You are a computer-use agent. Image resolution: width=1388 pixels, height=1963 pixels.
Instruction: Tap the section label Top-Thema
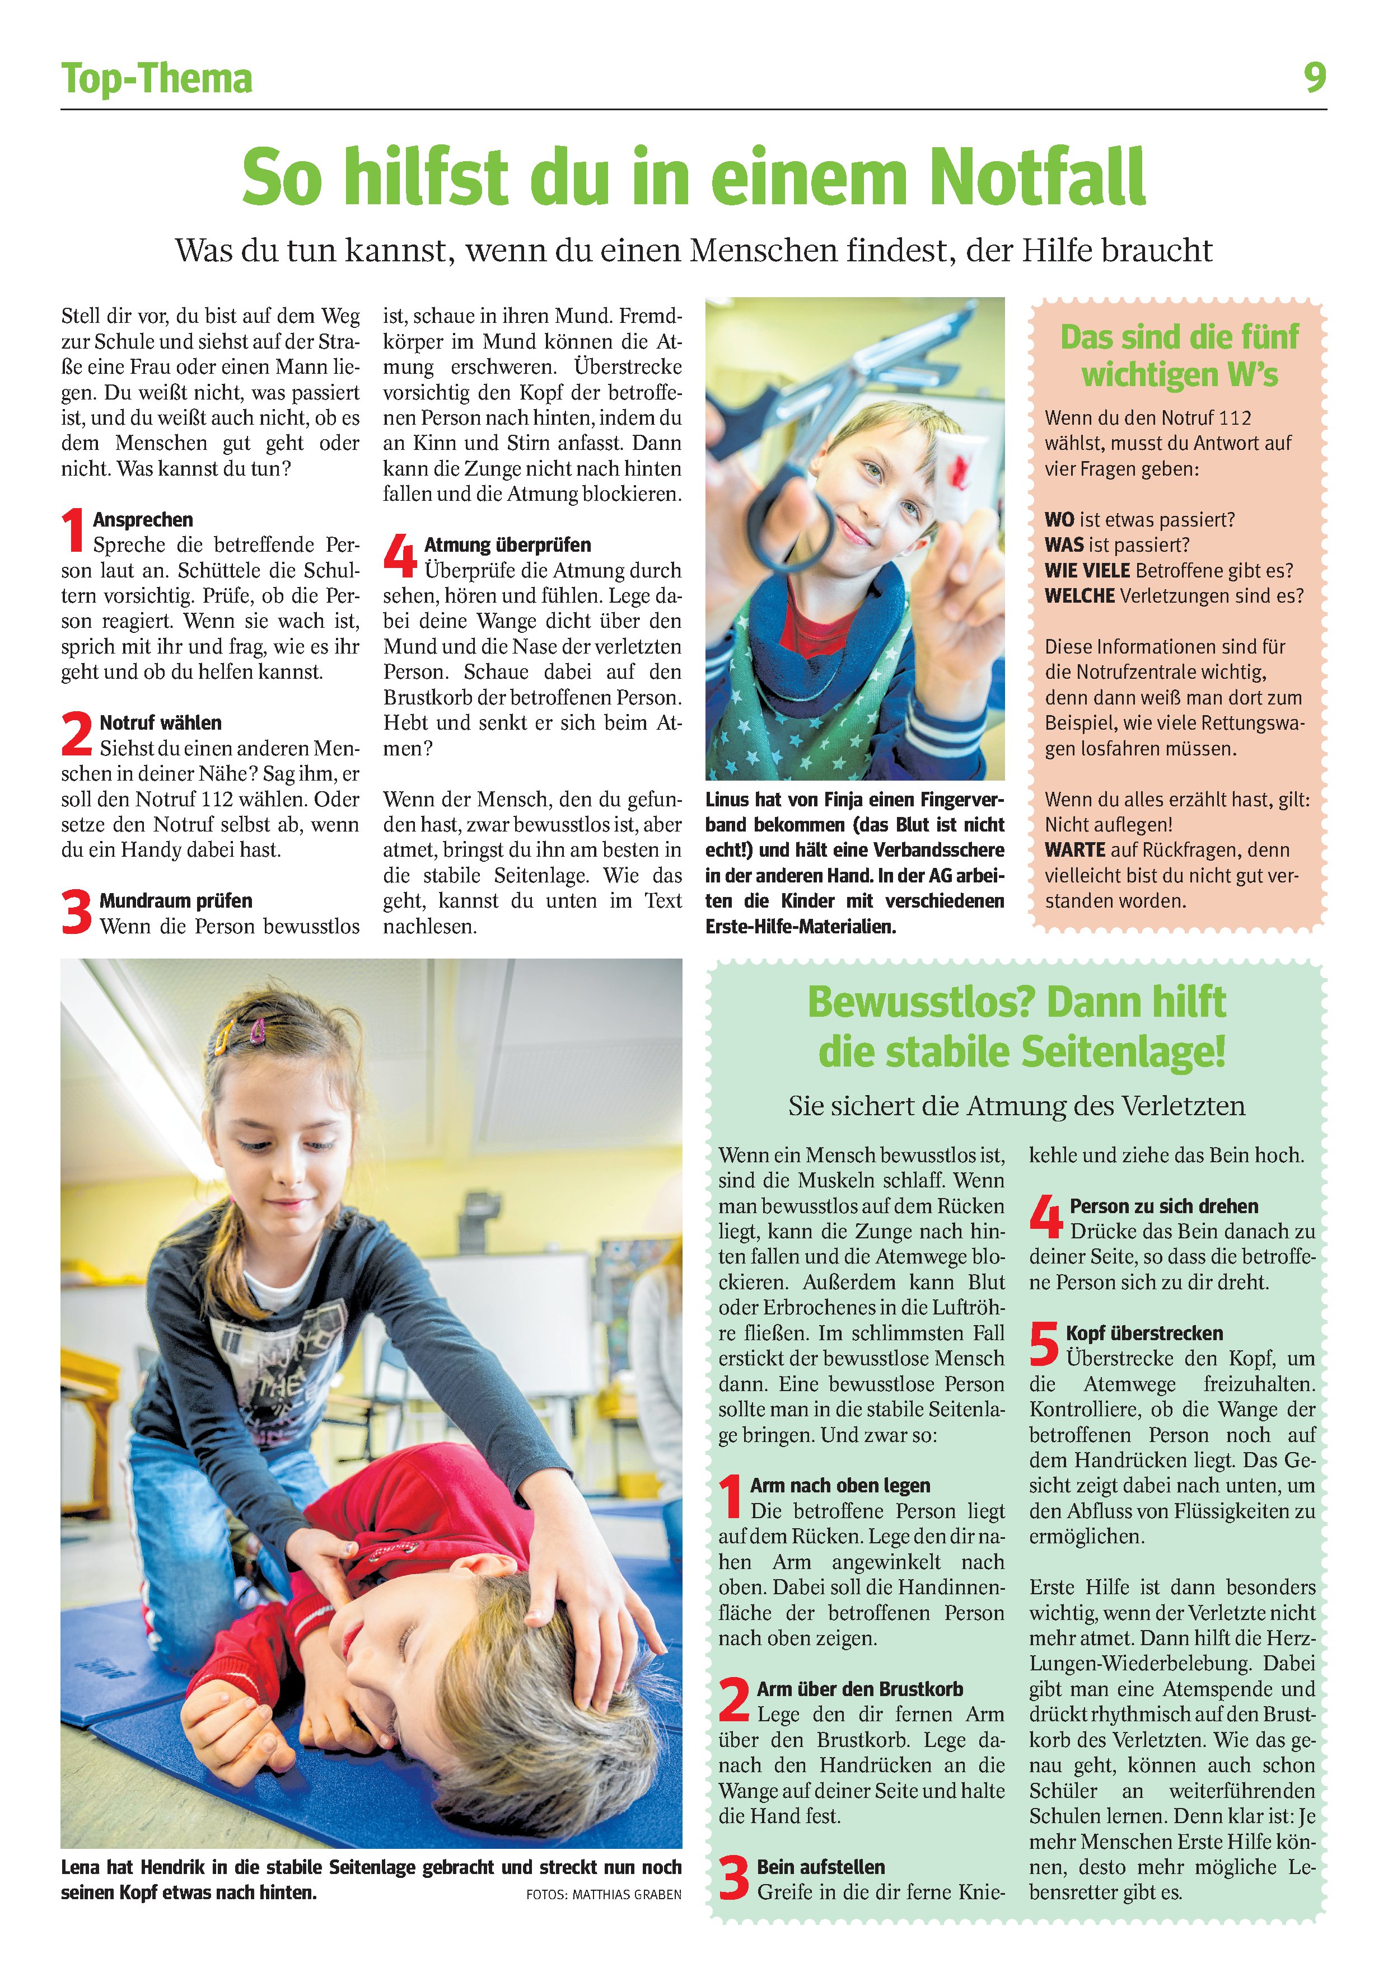[157, 79]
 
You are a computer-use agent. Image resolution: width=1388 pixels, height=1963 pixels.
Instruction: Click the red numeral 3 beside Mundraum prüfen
[76, 912]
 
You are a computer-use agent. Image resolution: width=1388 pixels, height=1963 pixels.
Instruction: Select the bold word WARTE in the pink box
[1075, 850]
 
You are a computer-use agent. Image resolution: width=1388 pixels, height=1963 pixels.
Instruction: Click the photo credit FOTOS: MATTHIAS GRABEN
[604, 1895]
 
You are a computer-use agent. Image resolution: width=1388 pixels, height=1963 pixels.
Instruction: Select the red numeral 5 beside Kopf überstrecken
[1044, 1345]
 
